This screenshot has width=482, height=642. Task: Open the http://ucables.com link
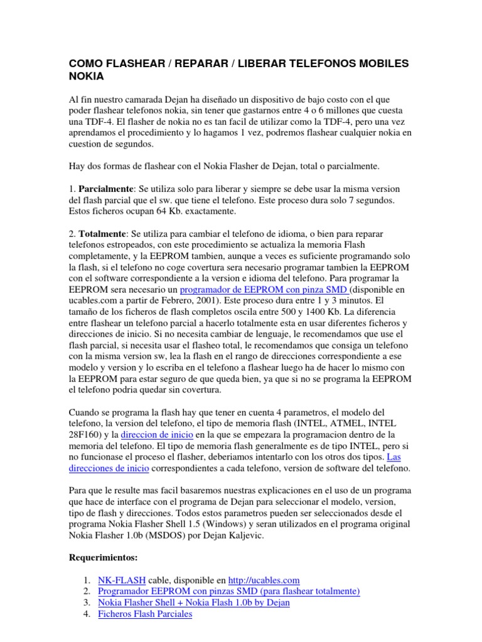264,580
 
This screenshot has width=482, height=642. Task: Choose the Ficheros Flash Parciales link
145,614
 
